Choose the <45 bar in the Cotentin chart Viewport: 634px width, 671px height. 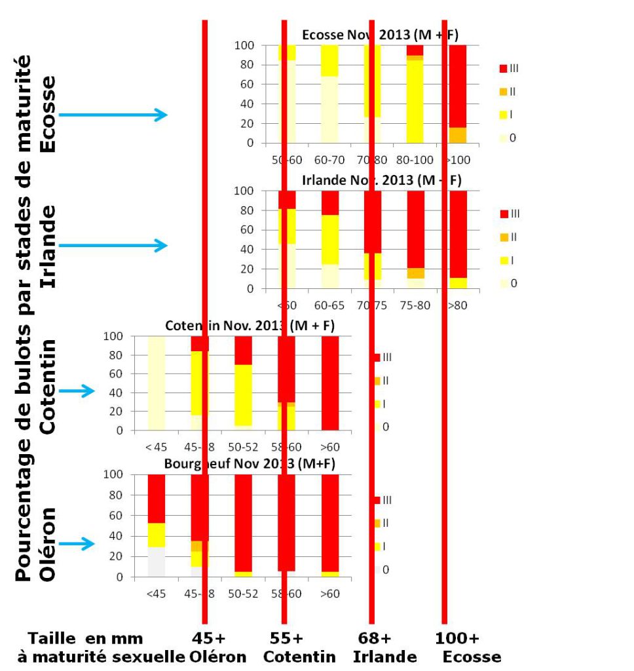156,383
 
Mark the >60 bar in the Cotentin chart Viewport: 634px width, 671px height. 329,383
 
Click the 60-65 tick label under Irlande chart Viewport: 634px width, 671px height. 329,305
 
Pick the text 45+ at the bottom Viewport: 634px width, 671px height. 208,638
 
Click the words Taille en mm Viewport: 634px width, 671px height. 85,638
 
